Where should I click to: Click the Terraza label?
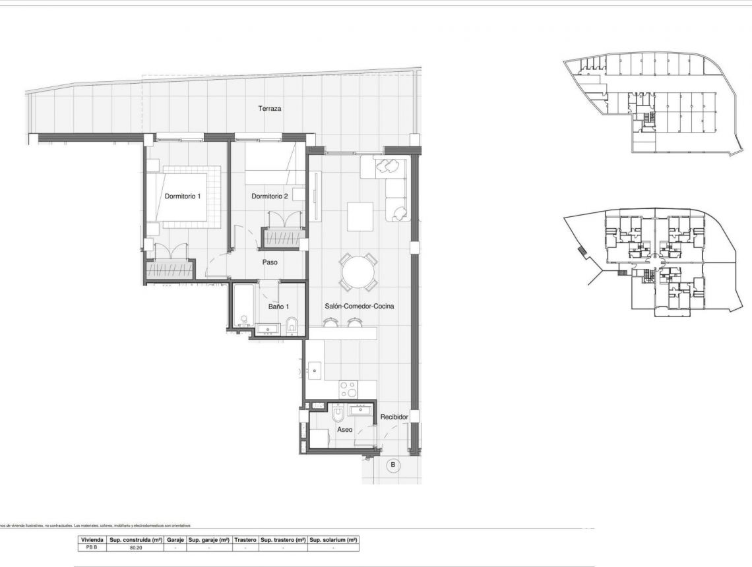[x=270, y=108]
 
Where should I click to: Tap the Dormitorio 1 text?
[x=182, y=196]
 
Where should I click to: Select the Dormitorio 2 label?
[x=270, y=196]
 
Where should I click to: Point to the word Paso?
[x=269, y=262]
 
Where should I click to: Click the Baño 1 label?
[x=278, y=307]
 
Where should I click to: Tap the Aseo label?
[x=344, y=429]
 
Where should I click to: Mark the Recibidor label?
[x=394, y=417]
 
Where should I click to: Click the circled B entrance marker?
[x=393, y=465]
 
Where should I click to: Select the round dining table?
[x=358, y=272]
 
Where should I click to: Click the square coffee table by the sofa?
[x=360, y=217]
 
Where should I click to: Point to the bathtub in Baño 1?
[x=242, y=307]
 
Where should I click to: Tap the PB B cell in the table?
[x=90, y=547]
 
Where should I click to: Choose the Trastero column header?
[x=245, y=539]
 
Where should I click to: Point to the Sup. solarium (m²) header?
[x=334, y=539]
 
